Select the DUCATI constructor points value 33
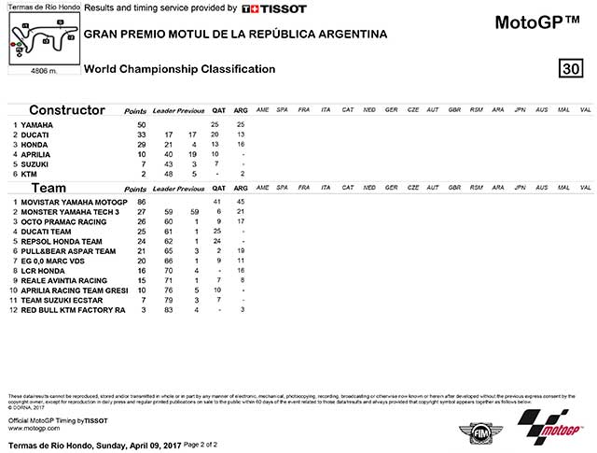click(141, 134)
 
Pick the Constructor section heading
click(66, 110)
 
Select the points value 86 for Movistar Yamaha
click(141, 202)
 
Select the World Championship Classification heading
click(179, 68)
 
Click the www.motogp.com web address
click(34, 430)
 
